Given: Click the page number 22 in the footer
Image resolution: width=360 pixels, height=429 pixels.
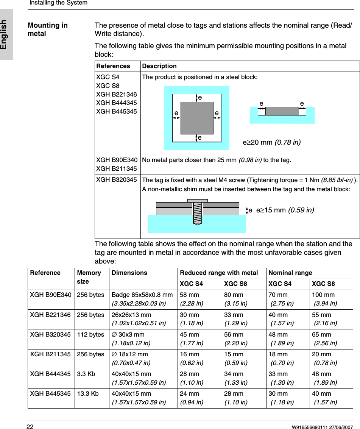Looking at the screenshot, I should click(30, 427).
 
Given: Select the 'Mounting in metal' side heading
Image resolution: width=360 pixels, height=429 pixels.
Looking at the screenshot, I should click(48, 30).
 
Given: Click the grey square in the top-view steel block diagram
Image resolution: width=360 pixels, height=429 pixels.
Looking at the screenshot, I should click(197, 118).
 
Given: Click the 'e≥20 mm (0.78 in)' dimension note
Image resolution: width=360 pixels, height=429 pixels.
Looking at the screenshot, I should click(271, 142).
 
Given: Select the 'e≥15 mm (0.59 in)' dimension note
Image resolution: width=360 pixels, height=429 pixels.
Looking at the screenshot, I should click(285, 210).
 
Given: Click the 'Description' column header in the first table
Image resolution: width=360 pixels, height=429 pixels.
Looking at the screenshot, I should click(159, 66).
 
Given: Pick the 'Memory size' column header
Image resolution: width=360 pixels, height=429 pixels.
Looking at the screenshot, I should click(89, 277).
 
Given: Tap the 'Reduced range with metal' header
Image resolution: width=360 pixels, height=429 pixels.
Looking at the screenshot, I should click(219, 273).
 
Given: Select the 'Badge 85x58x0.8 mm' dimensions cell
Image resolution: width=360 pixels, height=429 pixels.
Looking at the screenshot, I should click(142, 295).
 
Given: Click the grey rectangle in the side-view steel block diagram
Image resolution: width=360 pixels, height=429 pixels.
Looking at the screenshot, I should click(282, 111).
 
